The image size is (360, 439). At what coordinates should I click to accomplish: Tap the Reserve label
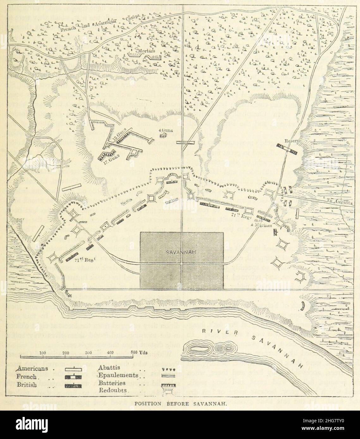point(283,141)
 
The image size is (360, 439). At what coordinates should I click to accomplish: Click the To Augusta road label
point(339,204)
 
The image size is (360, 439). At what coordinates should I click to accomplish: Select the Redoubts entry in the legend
point(113,390)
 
